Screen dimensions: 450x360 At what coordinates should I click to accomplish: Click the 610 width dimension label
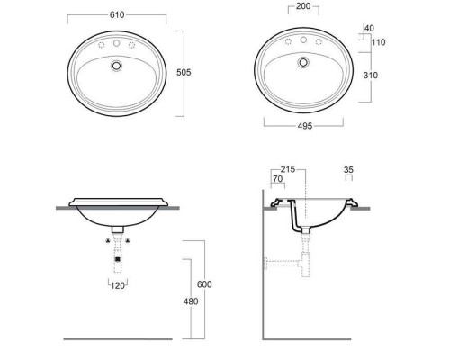(x=117, y=15)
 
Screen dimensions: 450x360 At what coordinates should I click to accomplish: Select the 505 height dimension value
(x=184, y=72)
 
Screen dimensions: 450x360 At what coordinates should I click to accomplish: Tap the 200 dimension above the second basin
(x=303, y=6)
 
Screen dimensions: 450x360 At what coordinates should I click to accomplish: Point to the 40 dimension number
(x=369, y=28)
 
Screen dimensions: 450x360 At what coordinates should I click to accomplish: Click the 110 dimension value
(x=378, y=42)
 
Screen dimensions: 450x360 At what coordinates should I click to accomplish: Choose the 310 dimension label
(x=371, y=76)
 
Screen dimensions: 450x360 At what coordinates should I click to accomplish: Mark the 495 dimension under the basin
(x=305, y=126)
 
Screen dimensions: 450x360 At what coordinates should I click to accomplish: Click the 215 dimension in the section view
(x=288, y=169)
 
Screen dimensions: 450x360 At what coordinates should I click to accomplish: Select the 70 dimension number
(x=278, y=179)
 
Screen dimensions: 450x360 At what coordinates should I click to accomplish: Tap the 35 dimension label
(x=348, y=170)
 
